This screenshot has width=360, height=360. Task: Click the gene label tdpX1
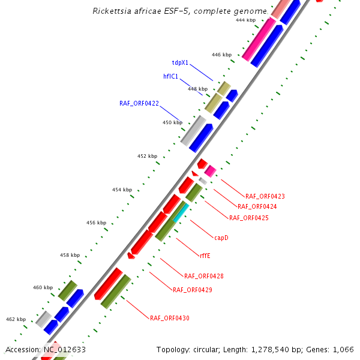pyautogui.click(x=180, y=62)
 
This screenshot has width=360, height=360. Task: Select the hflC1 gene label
pyautogui.click(x=172, y=76)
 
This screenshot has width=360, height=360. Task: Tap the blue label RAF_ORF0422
pyautogui.click(x=139, y=103)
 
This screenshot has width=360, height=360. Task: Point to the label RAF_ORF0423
pyautogui.click(x=265, y=196)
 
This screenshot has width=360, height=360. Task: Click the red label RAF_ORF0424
pyautogui.click(x=257, y=207)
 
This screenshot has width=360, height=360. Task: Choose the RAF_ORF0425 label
pyautogui.click(x=248, y=218)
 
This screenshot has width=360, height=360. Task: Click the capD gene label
pyautogui.click(x=221, y=238)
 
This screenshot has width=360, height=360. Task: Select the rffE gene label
pyautogui.click(x=205, y=256)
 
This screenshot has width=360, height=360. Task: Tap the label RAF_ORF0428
pyautogui.click(x=204, y=276)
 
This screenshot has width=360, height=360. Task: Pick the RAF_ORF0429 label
pyautogui.click(x=193, y=290)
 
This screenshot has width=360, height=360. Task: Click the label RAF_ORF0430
pyautogui.click(x=170, y=318)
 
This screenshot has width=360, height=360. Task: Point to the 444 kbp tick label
pyautogui.click(x=245, y=20)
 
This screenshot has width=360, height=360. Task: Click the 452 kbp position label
pyautogui.click(x=147, y=156)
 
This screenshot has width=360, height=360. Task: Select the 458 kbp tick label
pyautogui.click(x=70, y=255)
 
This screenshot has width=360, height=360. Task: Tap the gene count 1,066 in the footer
pyautogui.click(x=343, y=349)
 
